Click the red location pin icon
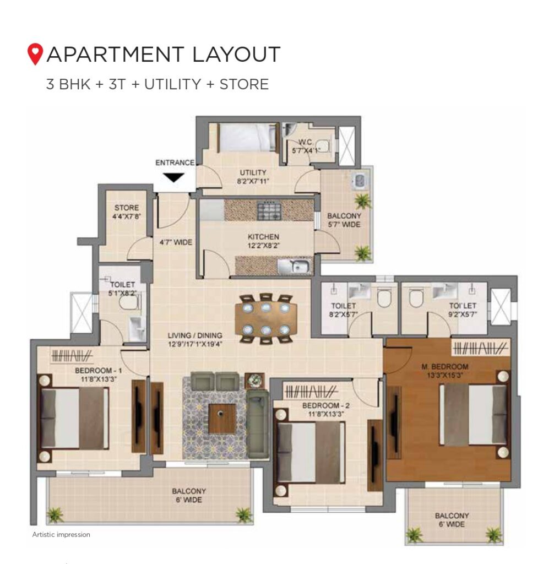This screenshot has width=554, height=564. pos(35,54)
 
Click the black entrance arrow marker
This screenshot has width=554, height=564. pos(173,178)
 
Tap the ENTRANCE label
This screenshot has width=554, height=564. pos(175,162)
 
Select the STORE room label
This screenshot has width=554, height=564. pos(127,208)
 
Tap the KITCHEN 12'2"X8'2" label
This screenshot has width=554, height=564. pos(263,241)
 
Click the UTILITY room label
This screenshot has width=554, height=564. pos(253,172)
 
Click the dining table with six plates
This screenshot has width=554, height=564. pos(266,319)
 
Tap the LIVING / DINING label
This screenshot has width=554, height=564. pos(194,335)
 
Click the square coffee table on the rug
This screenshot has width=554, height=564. pos(222,419)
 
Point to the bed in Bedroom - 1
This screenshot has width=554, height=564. pos(73,418)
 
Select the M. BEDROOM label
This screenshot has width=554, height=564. pos(444,367)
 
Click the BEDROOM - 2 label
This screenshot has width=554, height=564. pos(326,406)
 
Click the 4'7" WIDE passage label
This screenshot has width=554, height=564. pos(176,242)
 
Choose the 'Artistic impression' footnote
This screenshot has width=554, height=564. pos(61,534)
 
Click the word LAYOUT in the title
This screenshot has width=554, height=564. pos(236,55)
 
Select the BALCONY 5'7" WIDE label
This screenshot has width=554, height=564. pos(344,220)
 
